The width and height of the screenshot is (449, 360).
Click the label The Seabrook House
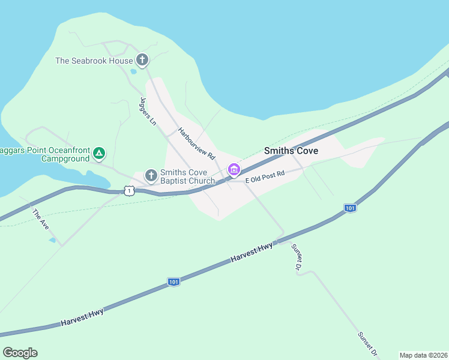coord(94,61)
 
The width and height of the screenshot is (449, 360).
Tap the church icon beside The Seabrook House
coord(142,59)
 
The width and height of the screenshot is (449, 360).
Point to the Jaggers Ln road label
coord(148,111)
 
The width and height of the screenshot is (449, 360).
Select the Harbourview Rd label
coord(196,143)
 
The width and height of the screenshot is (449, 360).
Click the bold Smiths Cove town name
coord(291,151)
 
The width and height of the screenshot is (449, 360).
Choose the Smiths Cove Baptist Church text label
coord(187,176)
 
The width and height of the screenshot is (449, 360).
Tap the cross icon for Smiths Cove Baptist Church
coord(151,176)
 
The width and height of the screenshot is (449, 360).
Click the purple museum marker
coord(234,171)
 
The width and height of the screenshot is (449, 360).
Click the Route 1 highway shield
coord(129,191)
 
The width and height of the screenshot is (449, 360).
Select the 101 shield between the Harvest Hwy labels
coord(173,281)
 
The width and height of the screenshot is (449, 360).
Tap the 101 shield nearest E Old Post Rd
coord(351,208)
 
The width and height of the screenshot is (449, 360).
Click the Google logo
coord(20,352)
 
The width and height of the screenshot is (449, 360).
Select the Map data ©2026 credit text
coord(423,355)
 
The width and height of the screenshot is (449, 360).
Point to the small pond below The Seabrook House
coord(133,71)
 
